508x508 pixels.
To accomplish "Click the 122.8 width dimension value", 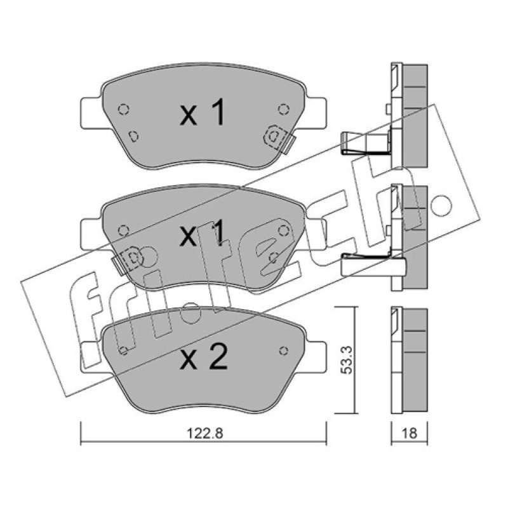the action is pos(204,434).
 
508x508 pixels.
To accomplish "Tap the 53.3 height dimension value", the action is pos(346,359).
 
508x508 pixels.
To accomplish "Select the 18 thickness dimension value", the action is pos(409,433).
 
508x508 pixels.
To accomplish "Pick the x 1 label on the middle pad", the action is pos(202,234).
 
